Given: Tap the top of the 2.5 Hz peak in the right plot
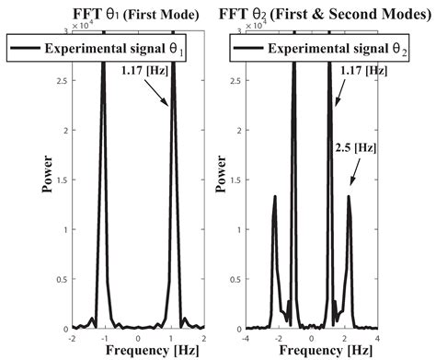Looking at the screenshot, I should [x=349, y=195].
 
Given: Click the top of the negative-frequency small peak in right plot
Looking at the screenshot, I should [x=275, y=195].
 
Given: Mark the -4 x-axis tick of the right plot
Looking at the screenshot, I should [x=249, y=338].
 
